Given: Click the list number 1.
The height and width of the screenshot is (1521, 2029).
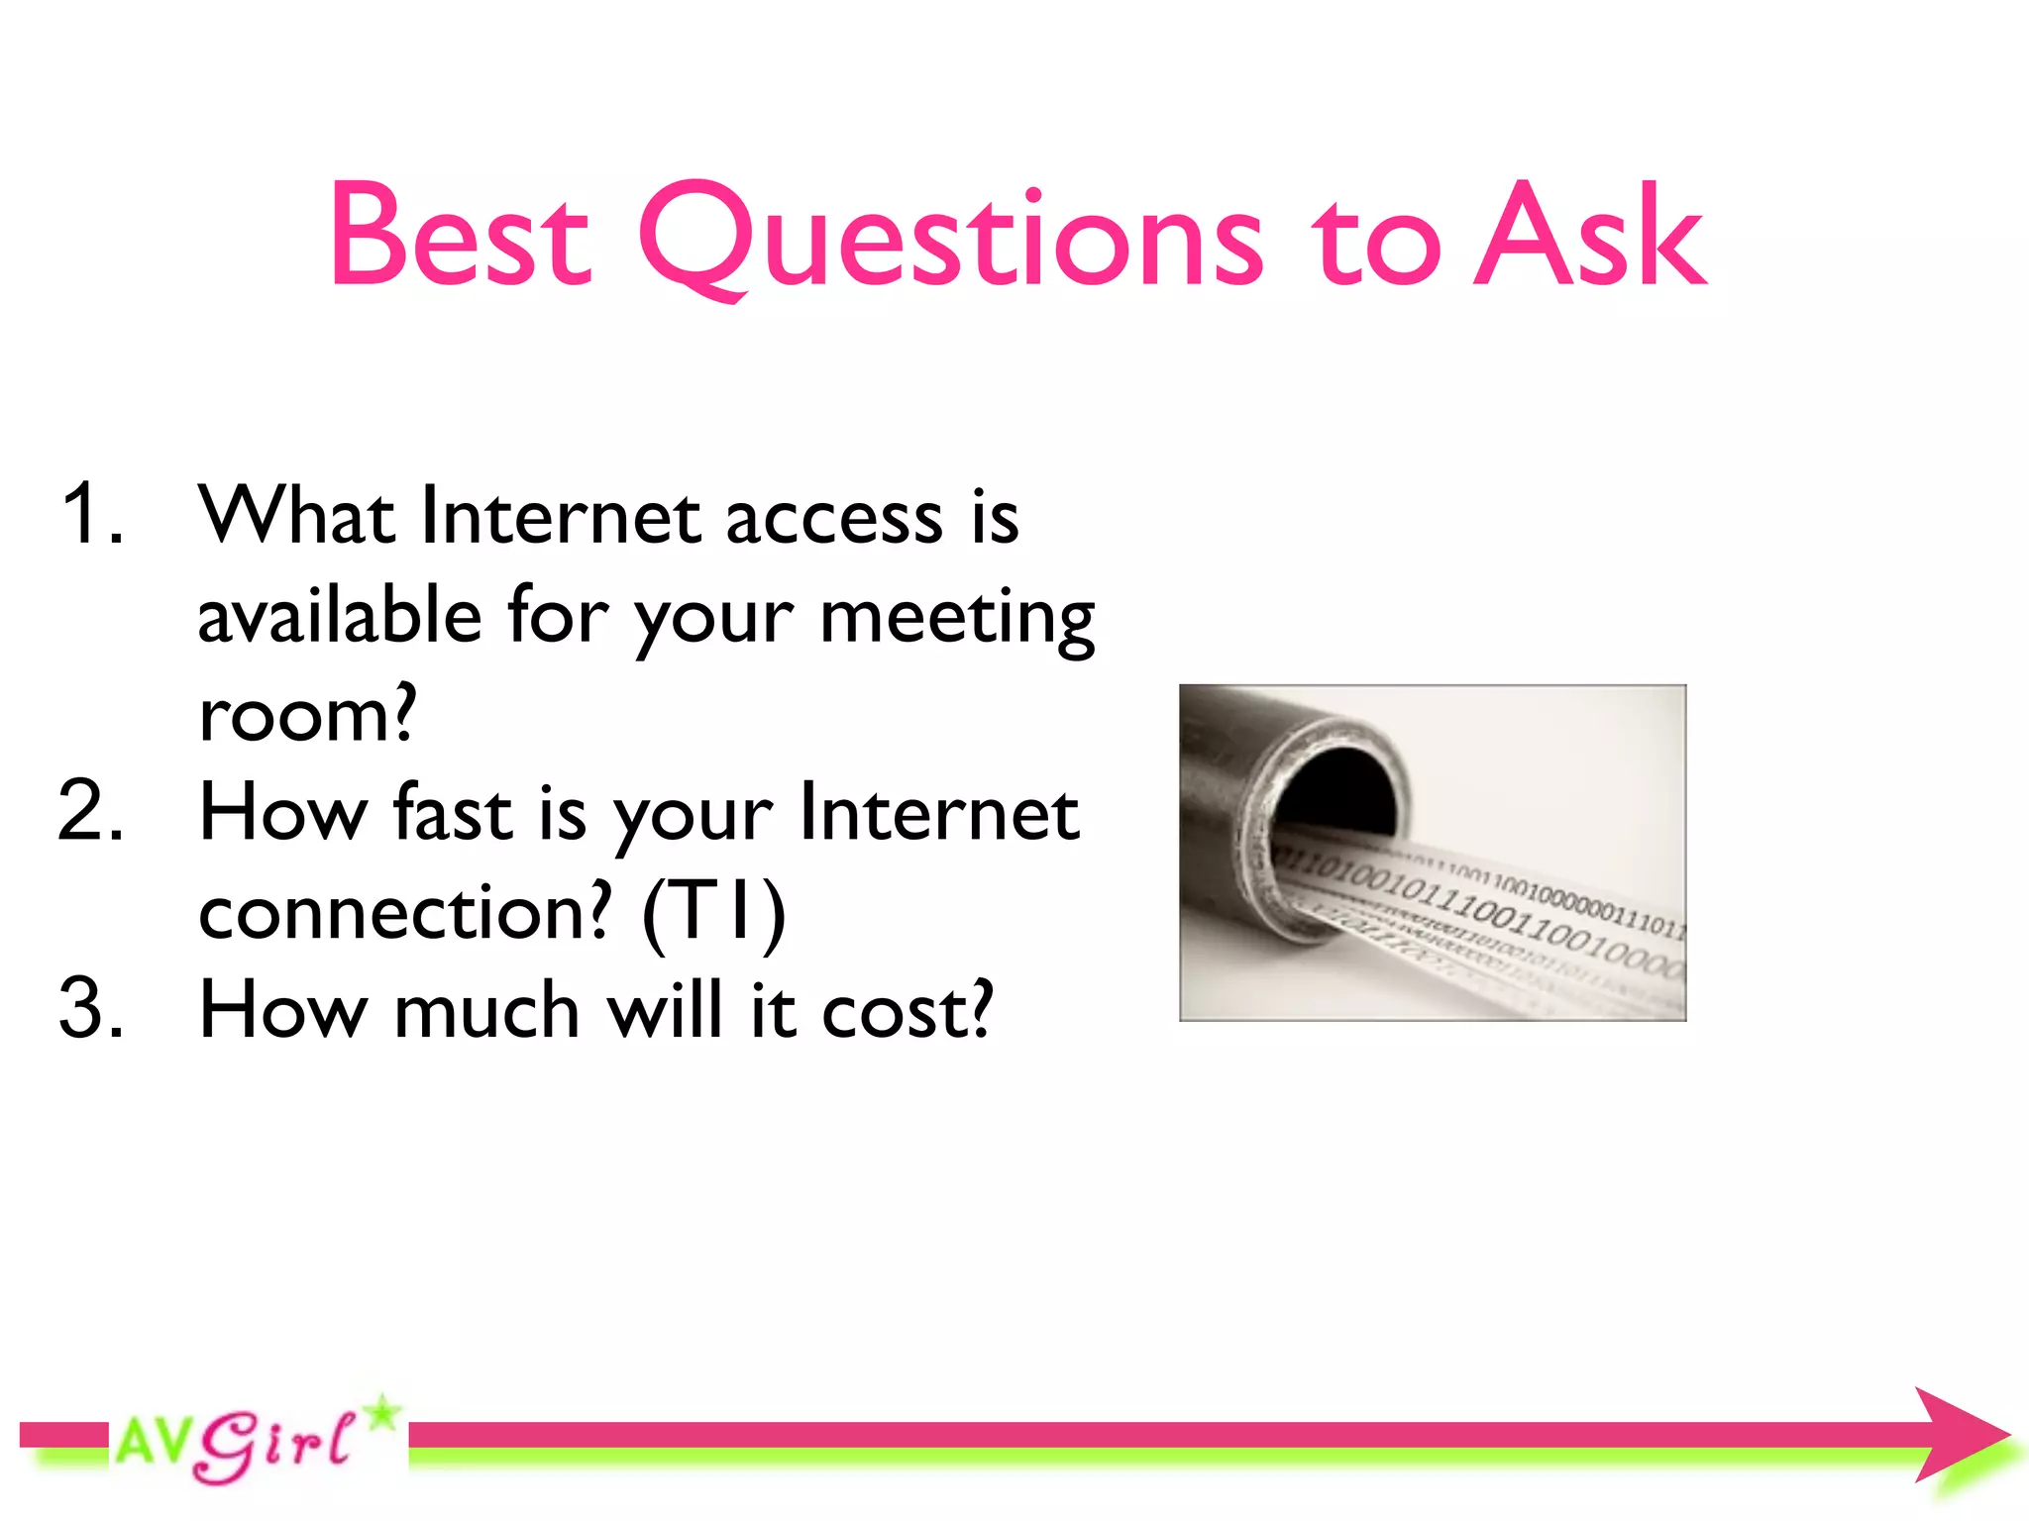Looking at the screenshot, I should click(x=91, y=515).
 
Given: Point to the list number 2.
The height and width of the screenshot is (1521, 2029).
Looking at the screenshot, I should click(x=91, y=812).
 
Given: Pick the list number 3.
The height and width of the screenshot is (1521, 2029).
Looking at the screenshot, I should click(x=91, y=1010).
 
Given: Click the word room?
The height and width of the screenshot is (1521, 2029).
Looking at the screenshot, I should click(x=308, y=715).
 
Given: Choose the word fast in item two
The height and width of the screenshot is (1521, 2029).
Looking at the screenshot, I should click(x=453, y=812).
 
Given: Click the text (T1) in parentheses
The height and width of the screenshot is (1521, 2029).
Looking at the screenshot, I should click(x=713, y=913).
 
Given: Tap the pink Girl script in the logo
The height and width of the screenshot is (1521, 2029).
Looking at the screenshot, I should click(x=272, y=1446).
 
